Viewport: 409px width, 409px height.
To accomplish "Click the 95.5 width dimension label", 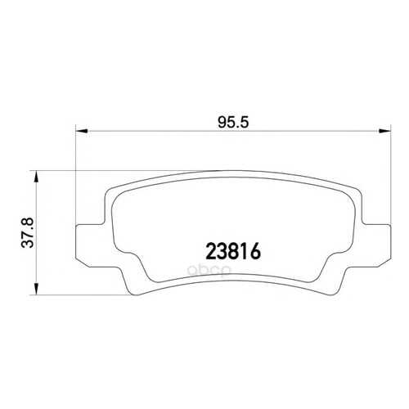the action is (233, 123).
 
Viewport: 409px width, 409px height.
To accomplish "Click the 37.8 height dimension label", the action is (28, 232).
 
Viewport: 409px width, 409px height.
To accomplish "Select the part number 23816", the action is (233, 251).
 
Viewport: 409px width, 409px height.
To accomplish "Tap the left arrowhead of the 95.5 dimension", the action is (82, 131).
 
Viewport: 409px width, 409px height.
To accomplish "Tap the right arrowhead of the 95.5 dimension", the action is (384, 131).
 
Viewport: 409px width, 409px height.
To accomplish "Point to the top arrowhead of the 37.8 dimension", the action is (36, 178).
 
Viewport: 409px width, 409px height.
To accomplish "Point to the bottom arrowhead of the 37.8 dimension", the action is (36, 289).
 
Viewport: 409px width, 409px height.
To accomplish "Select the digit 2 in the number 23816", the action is (211, 251).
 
